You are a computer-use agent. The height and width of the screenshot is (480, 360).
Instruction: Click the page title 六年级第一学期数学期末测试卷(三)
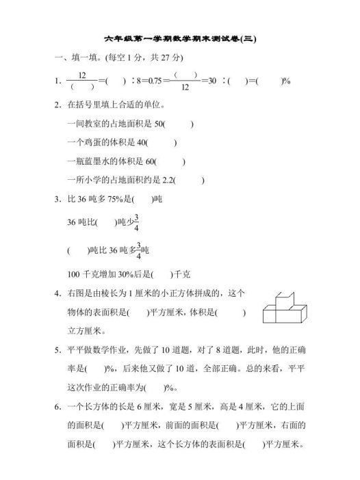click(180, 39)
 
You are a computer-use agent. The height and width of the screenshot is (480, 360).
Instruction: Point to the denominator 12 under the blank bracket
click(185, 88)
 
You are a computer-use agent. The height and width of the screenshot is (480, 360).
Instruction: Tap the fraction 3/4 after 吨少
click(136, 222)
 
